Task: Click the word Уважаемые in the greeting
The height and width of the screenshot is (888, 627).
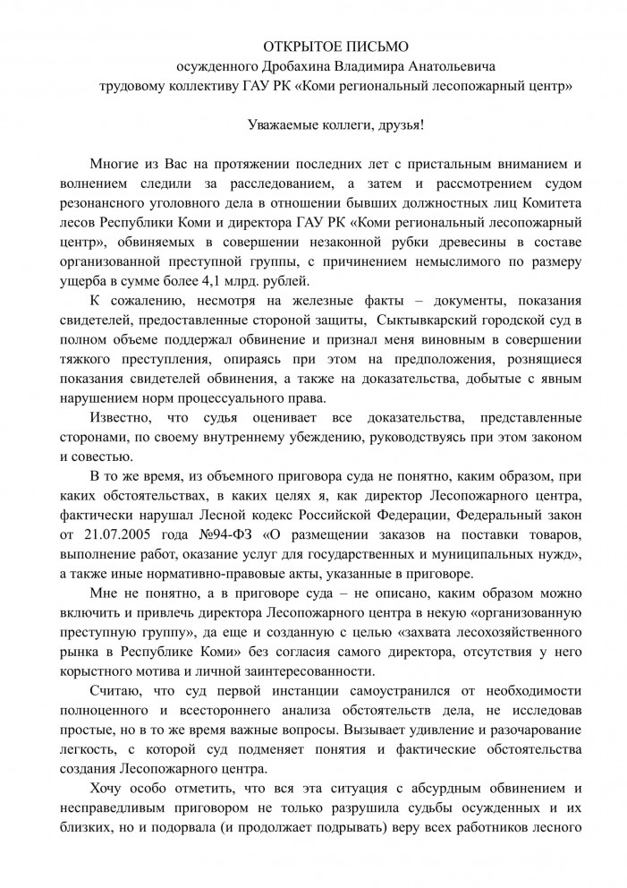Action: pyautogui.click(x=284, y=125)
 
